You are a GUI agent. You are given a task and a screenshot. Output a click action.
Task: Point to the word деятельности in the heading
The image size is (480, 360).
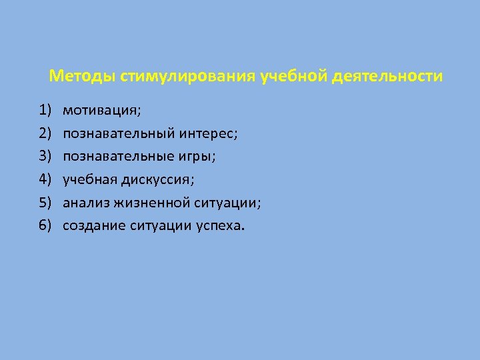pyautogui.click(x=385, y=76)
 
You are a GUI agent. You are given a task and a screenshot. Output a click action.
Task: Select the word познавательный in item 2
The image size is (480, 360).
pyautogui.click(x=119, y=133)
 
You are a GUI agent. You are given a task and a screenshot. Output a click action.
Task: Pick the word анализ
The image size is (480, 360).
pyautogui.click(x=85, y=203)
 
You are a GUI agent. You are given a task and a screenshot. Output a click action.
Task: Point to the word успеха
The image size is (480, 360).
pyautogui.click(x=220, y=225)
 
